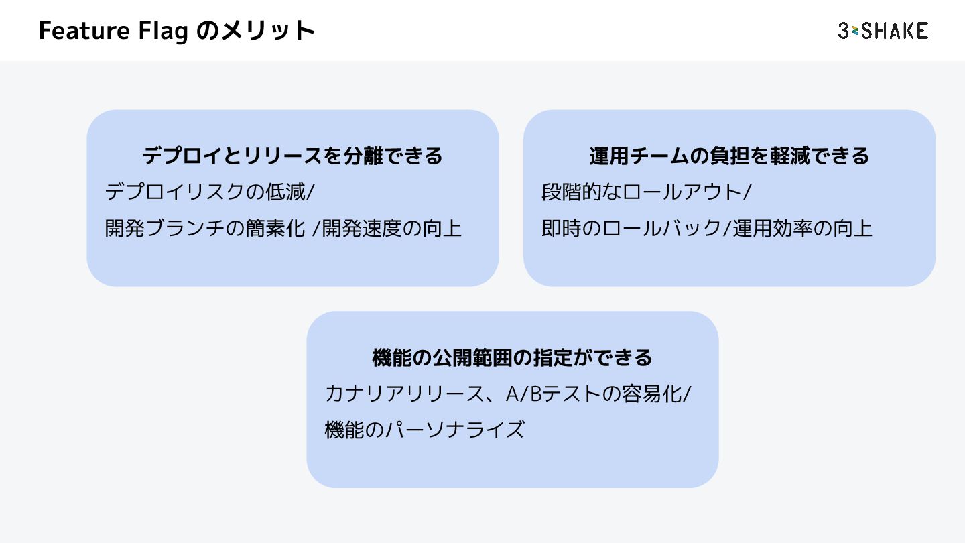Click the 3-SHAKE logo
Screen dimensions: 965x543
tap(883, 31)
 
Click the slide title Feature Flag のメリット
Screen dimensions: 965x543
tap(177, 31)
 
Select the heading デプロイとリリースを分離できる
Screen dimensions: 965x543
tap(293, 156)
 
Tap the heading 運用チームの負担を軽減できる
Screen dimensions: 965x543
tap(729, 156)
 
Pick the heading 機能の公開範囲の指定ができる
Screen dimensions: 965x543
tap(512, 357)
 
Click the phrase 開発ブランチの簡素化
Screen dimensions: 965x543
tap(206, 229)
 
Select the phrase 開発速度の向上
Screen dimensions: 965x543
tap(392, 229)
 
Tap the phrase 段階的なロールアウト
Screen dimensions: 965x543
tap(642, 192)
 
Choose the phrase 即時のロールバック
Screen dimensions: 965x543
tap(631, 229)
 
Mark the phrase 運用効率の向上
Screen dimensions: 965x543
tap(802, 229)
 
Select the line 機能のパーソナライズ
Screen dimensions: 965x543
tap(424, 429)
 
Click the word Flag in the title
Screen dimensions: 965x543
tap(162, 31)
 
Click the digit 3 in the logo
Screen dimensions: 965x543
tap(844, 31)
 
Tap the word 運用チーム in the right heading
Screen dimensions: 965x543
tap(639, 156)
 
